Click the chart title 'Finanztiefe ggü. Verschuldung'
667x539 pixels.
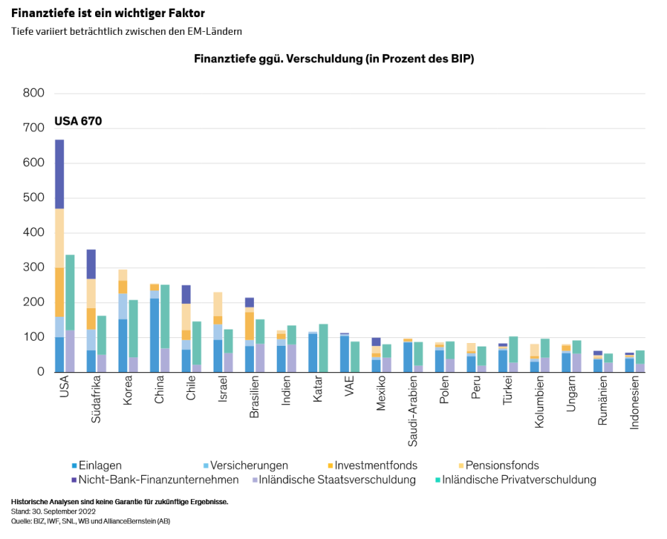pyautogui.click(x=333, y=59)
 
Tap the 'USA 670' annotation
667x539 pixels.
pyautogui.click(x=78, y=121)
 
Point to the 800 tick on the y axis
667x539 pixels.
pyautogui.click(x=33, y=93)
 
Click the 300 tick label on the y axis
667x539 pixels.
pyautogui.click(x=33, y=267)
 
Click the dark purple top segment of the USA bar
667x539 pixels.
pyautogui.click(x=60, y=174)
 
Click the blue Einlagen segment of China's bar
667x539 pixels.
pyautogui.click(x=155, y=334)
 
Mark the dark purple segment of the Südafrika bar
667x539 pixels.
pyautogui.click(x=91, y=264)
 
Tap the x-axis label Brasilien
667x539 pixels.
pyautogui.click(x=254, y=398)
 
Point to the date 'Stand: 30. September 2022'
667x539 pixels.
pyautogui.click(x=54, y=511)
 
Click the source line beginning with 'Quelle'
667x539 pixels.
pyautogui.click(x=91, y=521)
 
